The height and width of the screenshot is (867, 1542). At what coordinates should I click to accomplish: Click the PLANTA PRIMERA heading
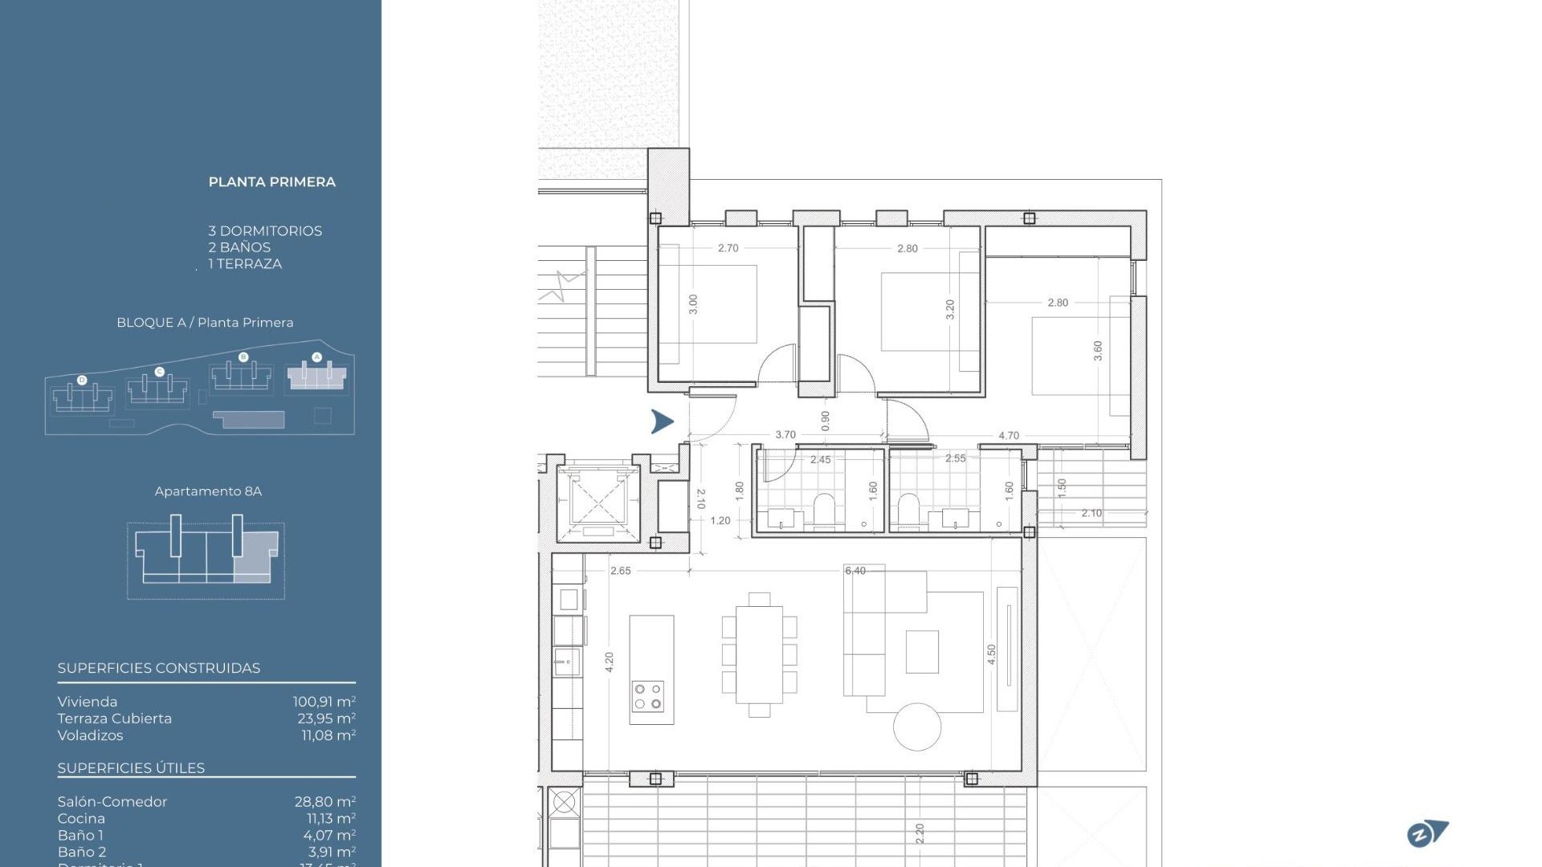point(271,182)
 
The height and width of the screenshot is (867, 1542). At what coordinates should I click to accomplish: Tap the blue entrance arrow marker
point(662,421)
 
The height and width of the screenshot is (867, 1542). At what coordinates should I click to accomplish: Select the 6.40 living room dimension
point(855,571)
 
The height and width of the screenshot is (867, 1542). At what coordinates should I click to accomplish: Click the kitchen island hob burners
point(647,696)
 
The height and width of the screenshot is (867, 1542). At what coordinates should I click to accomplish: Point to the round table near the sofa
point(916,727)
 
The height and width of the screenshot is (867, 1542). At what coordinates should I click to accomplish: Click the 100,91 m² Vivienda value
point(324,702)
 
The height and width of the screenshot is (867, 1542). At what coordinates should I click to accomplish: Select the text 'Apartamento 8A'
point(208,491)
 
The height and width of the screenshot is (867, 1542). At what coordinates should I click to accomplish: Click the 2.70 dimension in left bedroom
point(728,248)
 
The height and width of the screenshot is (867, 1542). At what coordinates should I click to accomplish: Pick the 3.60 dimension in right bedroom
point(1098,351)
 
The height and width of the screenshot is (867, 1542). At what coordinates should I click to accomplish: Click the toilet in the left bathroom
point(825,508)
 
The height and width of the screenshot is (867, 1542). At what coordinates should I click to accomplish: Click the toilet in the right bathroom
point(908,508)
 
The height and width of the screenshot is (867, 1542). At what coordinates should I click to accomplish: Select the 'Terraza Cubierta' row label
point(114,718)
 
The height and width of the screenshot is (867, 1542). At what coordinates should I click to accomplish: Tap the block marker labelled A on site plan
point(316,357)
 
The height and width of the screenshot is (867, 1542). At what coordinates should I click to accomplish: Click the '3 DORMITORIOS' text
point(265,231)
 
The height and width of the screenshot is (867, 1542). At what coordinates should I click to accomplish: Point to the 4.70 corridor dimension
point(1008,436)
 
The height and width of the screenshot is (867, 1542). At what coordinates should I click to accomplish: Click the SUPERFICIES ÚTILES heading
point(131,768)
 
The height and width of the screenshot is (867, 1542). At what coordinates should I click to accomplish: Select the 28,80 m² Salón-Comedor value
point(324,802)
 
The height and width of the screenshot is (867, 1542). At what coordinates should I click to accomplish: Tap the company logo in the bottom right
point(1427,833)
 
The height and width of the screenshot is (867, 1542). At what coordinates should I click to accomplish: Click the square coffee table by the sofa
point(922,651)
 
